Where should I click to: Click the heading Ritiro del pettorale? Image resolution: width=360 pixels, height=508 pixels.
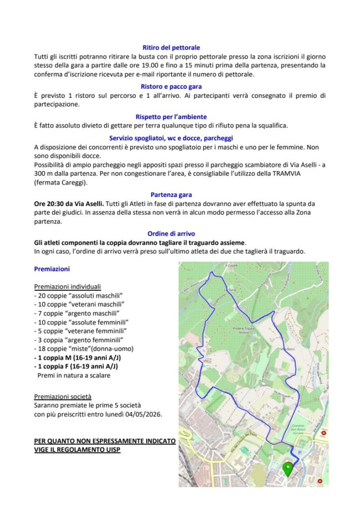pos(171,48)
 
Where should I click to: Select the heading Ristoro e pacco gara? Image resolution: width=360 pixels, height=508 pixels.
pos(171,87)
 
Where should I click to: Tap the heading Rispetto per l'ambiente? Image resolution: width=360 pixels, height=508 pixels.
pos(171,117)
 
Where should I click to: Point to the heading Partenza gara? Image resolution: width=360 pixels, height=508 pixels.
pos(171,195)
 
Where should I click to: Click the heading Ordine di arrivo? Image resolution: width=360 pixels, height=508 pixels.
pos(171,234)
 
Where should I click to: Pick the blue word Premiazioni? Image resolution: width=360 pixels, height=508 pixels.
pos(52,269)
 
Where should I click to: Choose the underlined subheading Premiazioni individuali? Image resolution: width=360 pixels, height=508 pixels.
pos(67,287)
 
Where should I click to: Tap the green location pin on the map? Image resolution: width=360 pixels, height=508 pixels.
pos(288,468)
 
